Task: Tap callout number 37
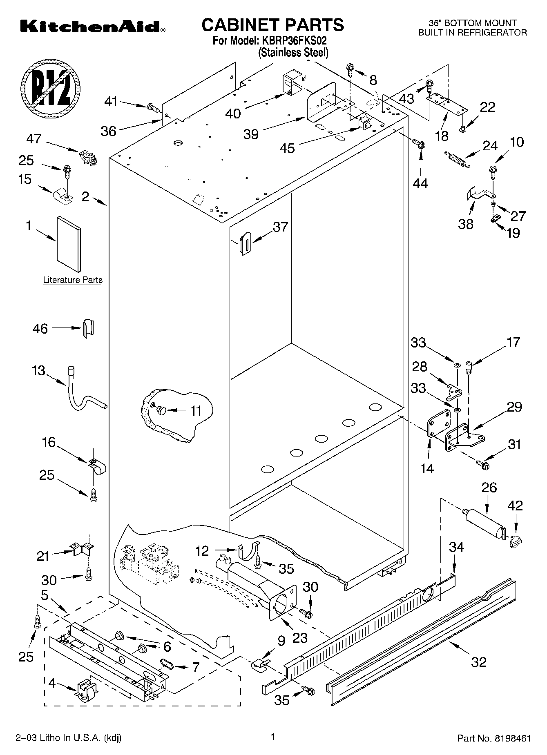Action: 280,227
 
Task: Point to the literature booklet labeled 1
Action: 68,244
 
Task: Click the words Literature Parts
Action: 73,280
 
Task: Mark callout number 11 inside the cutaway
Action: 196,411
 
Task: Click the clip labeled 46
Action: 88,328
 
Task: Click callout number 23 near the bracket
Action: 300,638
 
